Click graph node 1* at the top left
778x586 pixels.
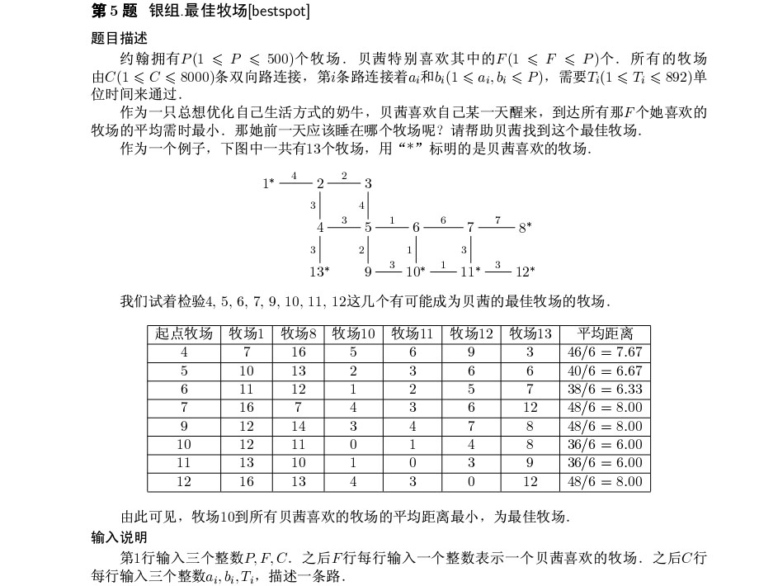[268, 183]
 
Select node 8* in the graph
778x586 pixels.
[525, 228]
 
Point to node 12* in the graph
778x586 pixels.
[525, 271]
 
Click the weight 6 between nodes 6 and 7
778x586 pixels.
[443, 220]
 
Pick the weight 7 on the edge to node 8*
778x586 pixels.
[497, 220]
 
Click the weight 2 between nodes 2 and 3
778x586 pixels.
[344, 176]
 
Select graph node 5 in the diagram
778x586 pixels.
[367, 227]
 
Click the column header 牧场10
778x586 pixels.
[354, 334]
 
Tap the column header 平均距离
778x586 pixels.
[605, 334]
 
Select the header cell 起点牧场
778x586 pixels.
[184, 334]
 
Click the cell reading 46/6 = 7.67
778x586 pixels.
[605, 352]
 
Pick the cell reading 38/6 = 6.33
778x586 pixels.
[605, 389]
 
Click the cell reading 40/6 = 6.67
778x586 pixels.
[605, 371]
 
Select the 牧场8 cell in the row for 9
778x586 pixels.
[298, 427]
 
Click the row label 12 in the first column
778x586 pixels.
[184, 481]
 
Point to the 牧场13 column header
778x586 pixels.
[530, 334]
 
